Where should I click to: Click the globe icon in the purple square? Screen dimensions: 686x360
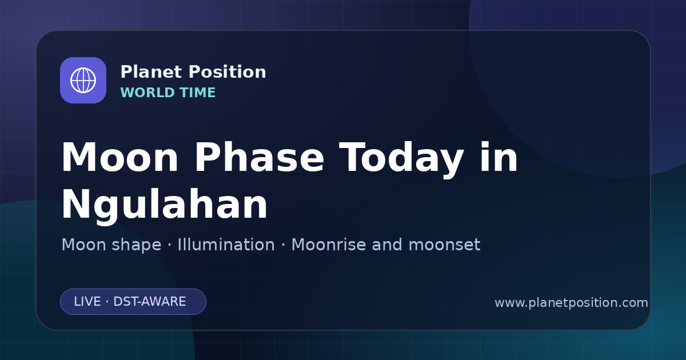(83, 80)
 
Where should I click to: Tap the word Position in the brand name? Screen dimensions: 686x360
(228, 72)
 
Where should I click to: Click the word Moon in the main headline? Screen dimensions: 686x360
(119, 158)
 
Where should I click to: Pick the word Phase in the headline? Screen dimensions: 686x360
(259, 158)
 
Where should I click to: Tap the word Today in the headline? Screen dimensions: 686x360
(401, 159)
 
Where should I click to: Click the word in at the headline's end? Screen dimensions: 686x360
(499, 157)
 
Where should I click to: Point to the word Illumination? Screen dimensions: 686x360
(226, 245)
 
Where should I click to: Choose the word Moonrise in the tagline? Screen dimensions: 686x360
(329, 245)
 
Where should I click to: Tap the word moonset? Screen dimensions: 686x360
(444, 245)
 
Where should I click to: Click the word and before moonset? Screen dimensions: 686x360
(387, 245)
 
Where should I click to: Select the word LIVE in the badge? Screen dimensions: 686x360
(87, 302)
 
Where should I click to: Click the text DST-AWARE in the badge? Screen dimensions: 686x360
(150, 302)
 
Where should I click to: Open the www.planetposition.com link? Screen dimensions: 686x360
(572, 303)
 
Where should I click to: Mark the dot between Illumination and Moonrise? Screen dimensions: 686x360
(284, 245)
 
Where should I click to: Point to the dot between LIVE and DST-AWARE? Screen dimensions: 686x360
(107, 302)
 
